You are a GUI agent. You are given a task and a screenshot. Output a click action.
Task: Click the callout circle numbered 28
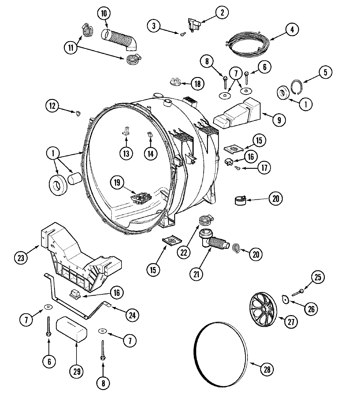(267, 370)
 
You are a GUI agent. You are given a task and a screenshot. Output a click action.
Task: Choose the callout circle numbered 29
(76, 372)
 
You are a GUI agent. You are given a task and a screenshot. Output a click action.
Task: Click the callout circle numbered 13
(126, 153)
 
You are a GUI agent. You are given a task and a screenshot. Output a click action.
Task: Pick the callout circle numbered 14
(150, 153)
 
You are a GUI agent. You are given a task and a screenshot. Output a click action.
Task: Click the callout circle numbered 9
(279, 120)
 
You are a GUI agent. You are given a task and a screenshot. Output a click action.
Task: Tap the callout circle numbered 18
(197, 84)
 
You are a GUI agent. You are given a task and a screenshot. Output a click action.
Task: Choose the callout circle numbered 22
(183, 252)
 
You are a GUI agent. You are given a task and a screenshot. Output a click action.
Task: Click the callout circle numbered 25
(318, 277)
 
